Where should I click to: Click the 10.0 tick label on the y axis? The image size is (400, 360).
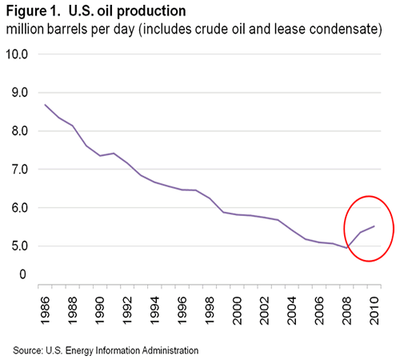pos(17,54)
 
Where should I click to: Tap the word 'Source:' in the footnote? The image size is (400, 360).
pos(28,350)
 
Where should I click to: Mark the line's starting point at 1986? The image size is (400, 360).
pos(45,105)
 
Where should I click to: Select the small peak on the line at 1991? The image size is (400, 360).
pos(114,153)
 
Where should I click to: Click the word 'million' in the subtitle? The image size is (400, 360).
pos(26,30)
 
